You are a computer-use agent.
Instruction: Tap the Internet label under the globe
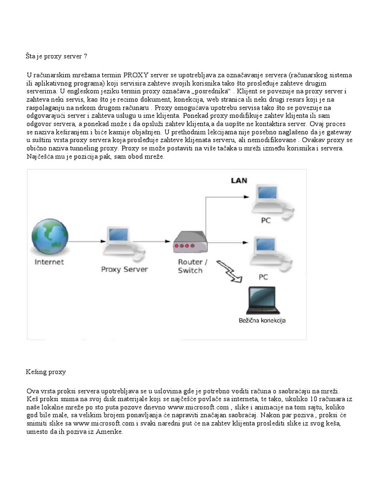pos(49,262)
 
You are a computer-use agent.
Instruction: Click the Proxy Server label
pos(124,269)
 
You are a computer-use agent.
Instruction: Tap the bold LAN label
pos(238,181)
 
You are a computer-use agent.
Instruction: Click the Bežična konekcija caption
pos(265,320)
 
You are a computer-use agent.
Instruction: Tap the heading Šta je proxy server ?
pos(57,57)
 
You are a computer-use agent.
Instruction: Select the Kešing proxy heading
pos(45,372)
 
